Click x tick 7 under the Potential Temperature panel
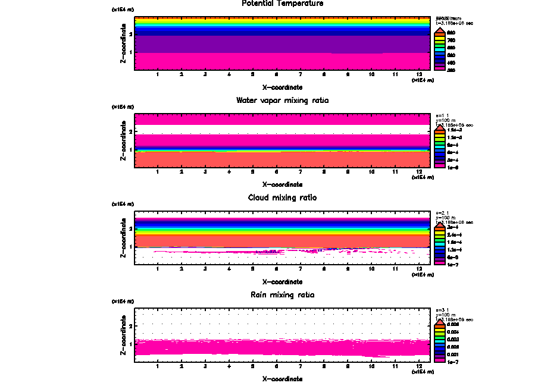[301, 74]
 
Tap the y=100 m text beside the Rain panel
[445, 315]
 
